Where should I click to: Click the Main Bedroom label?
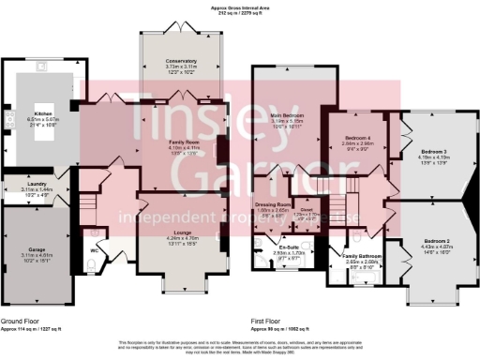[288, 114]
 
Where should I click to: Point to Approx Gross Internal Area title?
[240, 6]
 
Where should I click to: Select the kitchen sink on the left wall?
[7, 120]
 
